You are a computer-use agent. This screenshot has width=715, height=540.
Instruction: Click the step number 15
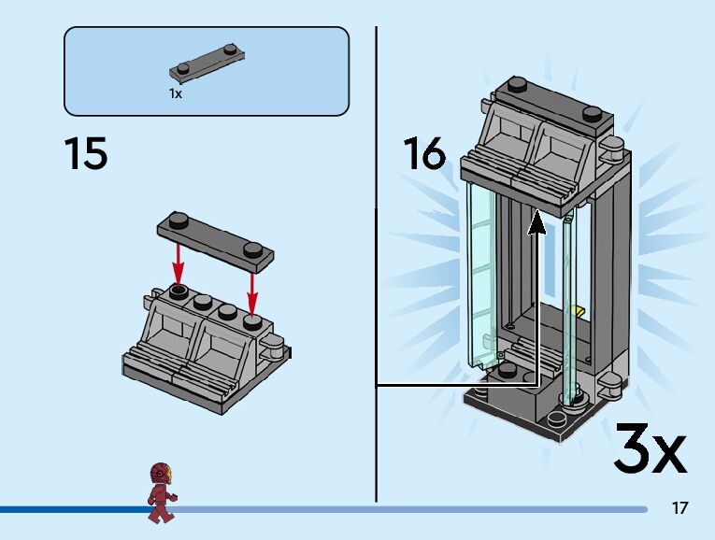tap(86, 153)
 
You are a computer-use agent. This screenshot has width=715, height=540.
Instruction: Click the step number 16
tap(424, 153)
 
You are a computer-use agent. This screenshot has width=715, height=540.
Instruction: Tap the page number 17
tap(679, 508)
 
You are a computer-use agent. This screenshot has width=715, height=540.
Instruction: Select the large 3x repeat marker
tap(650, 449)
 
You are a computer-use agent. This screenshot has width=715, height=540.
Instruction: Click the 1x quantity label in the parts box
tap(175, 93)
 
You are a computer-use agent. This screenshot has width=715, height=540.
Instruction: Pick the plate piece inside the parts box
tap(208, 63)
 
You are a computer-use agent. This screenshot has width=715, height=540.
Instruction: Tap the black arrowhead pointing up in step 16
tap(536, 222)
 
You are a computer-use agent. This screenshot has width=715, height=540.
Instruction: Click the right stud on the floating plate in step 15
tap(251, 248)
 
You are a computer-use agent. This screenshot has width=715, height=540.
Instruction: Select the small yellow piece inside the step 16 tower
tap(579, 311)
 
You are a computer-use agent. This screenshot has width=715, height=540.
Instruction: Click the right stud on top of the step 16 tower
tap(591, 113)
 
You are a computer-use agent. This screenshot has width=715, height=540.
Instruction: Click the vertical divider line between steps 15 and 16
tap(376, 262)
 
